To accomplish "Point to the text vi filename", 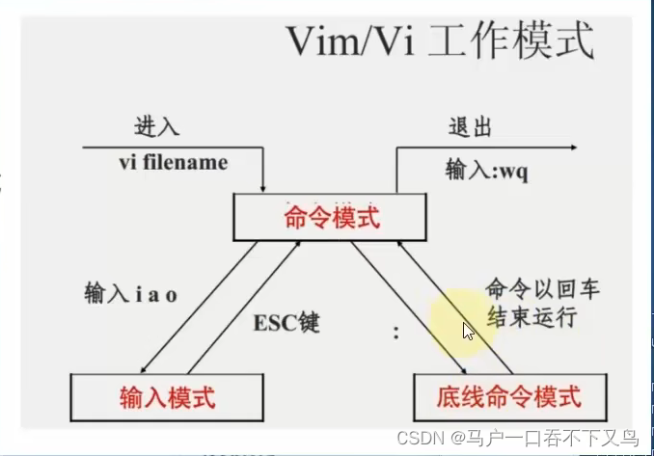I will coord(174,163).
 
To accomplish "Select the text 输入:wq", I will coord(486,170).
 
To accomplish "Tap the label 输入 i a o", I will coord(127,291).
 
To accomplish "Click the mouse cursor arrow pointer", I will coord(467,331).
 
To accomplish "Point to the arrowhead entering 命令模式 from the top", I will coord(264,186).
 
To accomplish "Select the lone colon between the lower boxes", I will coord(396,334).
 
